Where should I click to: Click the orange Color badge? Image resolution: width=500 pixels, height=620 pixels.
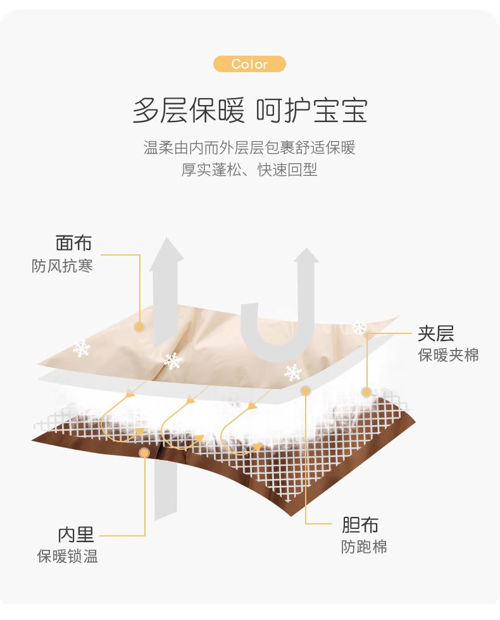pos(249,64)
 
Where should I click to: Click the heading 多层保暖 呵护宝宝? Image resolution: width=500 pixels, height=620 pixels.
pos(249,110)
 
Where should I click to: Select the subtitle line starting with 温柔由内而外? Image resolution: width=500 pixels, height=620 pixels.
pos(249,148)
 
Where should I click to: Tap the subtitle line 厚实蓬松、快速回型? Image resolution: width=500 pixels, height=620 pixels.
pos(249,170)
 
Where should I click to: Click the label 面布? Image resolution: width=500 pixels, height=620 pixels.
pos(73,243)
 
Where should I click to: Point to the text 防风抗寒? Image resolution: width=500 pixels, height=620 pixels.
pos(62,266)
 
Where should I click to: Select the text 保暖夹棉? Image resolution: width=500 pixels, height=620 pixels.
pos(448,355)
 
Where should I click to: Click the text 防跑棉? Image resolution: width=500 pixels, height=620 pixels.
pos(363,547)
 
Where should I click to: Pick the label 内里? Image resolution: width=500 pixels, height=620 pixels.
pos(76,535)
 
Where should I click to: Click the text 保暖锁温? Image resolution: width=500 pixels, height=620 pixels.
pos(67,557)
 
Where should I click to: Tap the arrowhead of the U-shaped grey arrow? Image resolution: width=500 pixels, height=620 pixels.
pos(306,258)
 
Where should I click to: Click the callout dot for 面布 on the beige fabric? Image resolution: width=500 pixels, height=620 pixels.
pos(139,326)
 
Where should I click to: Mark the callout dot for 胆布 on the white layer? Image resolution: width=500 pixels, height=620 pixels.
pos(306,391)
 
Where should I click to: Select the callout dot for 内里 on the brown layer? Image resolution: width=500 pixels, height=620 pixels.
pos(145,452)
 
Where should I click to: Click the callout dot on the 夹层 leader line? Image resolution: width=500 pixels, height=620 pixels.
pos(366,392)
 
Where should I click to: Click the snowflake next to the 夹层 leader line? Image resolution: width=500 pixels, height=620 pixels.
pos(359,328)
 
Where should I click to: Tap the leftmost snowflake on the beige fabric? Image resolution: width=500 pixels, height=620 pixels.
pos(81,348)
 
